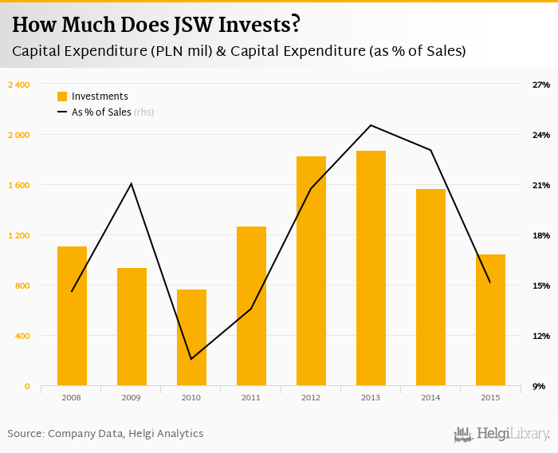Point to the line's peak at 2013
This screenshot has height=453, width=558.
click(371, 125)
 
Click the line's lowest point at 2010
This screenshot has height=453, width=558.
click(191, 359)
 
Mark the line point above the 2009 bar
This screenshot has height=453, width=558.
click(132, 183)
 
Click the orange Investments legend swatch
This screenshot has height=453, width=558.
click(62, 97)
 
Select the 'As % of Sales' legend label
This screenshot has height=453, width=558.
click(101, 112)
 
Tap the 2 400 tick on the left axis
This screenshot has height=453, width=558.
click(18, 85)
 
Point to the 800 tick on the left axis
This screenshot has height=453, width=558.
click(23, 286)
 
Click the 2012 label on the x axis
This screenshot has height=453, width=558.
click(311, 396)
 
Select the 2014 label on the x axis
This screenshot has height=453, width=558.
click(430, 396)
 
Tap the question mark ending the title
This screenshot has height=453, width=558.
click(295, 26)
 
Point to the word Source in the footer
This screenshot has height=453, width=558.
click(25, 434)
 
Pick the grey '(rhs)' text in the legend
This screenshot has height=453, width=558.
click(144, 112)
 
